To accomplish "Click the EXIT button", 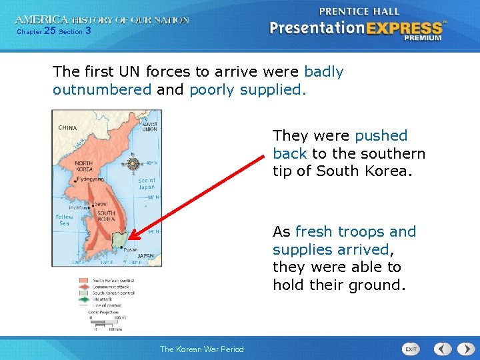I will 411,349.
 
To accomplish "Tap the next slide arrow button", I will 462,349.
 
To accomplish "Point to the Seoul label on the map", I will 102,203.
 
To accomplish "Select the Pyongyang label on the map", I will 89,179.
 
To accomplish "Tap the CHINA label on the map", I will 67,127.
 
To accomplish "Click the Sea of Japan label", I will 147,183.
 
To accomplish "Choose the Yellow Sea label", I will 63,220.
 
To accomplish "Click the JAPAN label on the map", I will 145,255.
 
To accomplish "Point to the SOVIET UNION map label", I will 149,126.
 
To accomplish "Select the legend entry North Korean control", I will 114,280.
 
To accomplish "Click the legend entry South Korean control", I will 114,293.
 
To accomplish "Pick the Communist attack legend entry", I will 111,286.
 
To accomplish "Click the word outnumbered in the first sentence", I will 102,89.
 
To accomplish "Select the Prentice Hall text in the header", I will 359,11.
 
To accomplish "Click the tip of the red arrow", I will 128,239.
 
